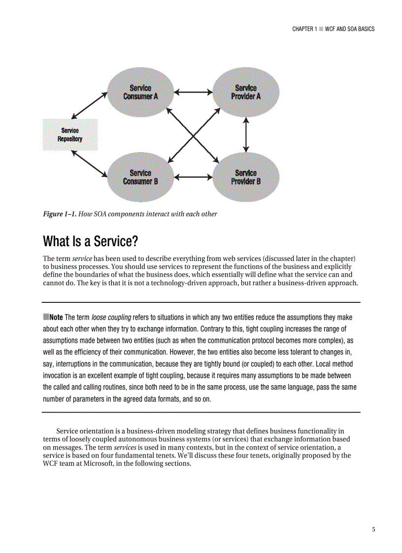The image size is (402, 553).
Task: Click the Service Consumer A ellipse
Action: [140, 92]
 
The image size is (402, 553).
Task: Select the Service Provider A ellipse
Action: [246, 92]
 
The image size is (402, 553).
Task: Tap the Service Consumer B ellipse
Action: [140, 177]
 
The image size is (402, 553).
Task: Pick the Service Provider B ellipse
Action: [246, 177]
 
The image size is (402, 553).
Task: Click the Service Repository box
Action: [70, 134]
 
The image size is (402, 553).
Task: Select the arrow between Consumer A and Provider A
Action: [193, 92]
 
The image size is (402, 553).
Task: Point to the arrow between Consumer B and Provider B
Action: [193, 177]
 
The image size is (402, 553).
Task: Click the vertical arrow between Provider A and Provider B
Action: [246, 134]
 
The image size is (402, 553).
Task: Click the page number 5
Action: [373, 529]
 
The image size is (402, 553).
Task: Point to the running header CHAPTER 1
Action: [304, 29]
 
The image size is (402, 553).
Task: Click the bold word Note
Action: [56, 317]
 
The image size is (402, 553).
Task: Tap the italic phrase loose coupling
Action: [111, 317]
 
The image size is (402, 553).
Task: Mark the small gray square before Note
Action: [46, 317]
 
